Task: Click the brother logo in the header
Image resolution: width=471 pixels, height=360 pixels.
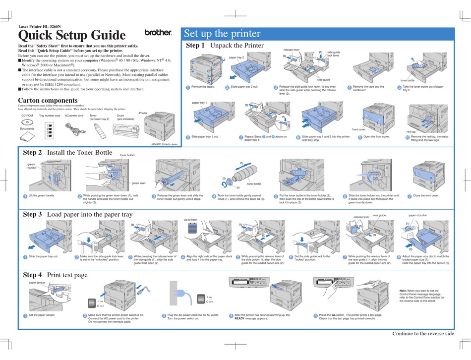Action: pyautogui.click(x=158, y=33)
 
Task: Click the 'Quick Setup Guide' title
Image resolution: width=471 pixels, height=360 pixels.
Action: pyautogui.click(x=72, y=35)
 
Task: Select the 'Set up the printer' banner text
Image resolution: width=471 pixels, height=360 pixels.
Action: pyautogui.click(x=222, y=34)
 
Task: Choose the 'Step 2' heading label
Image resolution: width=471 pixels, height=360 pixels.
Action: pyautogui.click(x=33, y=152)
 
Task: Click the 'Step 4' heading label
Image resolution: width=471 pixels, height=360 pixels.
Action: pyautogui.click(x=33, y=275)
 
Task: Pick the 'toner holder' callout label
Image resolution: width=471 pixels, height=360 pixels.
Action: pyautogui.click(x=127, y=155)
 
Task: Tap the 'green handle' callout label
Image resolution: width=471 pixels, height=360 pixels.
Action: pyautogui.click(x=32, y=166)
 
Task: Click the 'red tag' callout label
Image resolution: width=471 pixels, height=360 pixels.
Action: pyautogui.click(x=411, y=131)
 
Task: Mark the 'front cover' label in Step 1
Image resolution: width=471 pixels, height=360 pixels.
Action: pyautogui.click(x=359, y=129)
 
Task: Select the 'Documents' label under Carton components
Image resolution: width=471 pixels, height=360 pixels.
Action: pyautogui.click(x=27, y=129)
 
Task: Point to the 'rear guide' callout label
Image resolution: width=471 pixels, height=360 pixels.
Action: pyautogui.click(x=379, y=216)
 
